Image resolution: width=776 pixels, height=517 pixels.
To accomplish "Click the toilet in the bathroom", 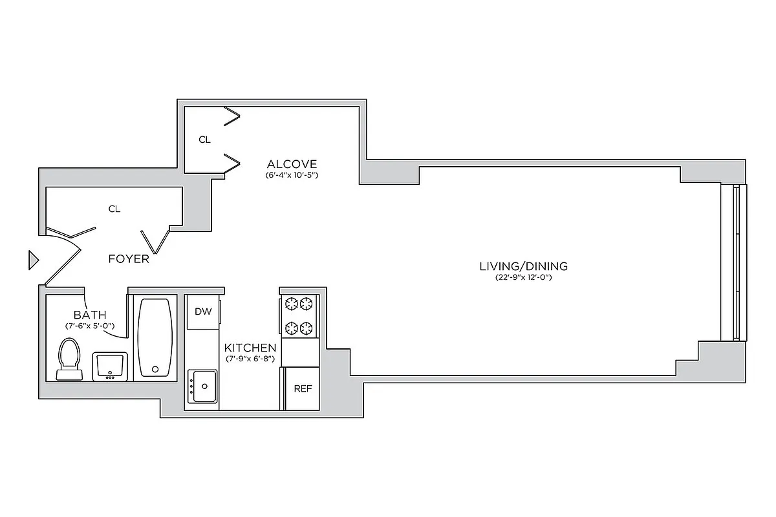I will [69, 359].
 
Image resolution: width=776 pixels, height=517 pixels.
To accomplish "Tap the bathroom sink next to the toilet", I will [110, 366].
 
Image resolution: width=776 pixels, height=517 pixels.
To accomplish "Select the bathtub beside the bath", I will [155, 337].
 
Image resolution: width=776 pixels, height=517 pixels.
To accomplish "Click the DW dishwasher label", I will [203, 311].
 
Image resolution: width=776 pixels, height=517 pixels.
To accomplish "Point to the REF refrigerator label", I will [303, 388].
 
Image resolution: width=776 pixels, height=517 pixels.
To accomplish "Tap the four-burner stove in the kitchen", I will [299, 315].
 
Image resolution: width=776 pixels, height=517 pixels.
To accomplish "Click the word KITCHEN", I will [250, 348].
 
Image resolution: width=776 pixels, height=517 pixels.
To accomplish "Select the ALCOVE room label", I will [292, 164].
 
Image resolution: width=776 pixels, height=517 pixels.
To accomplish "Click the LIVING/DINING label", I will [523, 266].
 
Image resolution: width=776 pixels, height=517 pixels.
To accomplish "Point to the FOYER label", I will [129, 259].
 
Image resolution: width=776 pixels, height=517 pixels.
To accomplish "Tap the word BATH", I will [90, 315].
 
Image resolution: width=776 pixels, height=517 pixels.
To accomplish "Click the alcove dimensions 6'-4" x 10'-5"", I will [292, 175].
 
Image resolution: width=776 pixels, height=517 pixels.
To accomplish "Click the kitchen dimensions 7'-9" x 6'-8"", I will [250, 359].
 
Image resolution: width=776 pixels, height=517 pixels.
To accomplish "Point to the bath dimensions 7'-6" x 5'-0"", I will [90, 326].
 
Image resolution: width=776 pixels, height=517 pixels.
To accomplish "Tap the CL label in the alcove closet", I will [204, 140].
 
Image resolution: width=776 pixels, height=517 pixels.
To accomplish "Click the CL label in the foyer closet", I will [114, 209].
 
